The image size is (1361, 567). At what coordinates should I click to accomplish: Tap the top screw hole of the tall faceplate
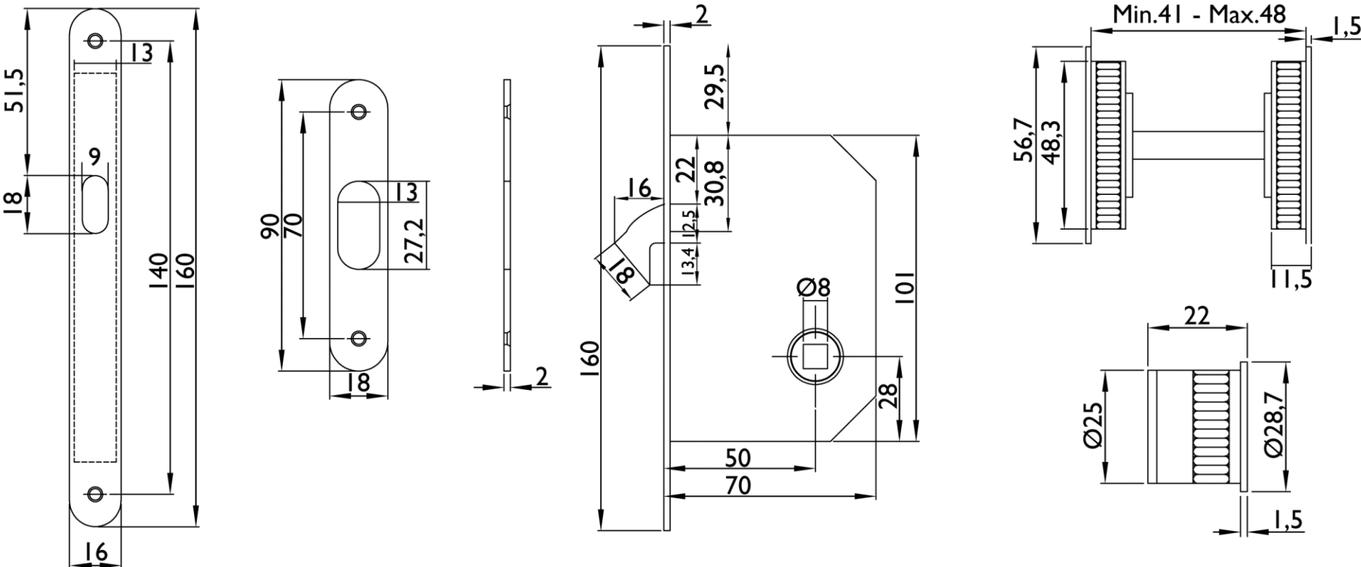pyautogui.click(x=96, y=40)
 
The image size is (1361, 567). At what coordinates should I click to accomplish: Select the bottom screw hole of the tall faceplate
pyautogui.click(x=96, y=493)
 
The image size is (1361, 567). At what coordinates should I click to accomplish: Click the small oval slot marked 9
pyautogui.click(x=95, y=204)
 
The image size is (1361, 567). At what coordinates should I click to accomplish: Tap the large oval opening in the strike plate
pyautogui.click(x=358, y=225)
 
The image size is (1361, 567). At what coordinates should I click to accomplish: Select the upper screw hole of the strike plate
pyautogui.click(x=360, y=111)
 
